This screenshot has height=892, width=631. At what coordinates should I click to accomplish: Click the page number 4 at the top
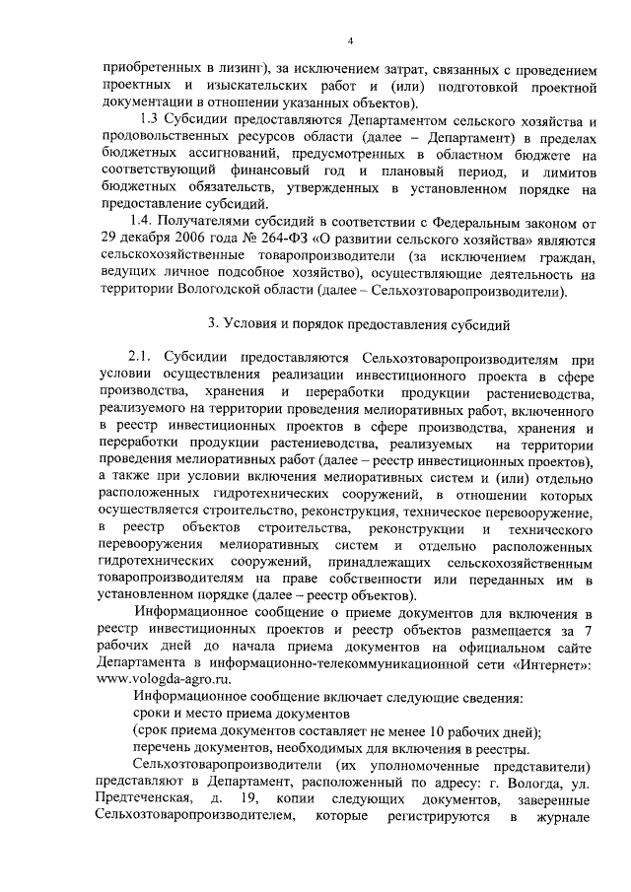349,40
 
